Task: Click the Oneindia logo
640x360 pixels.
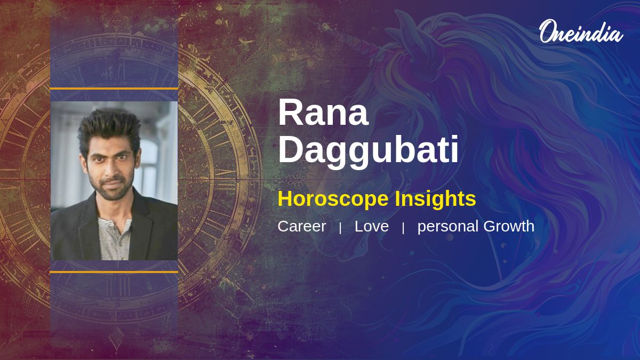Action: (x=581, y=31)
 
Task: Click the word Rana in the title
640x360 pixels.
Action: (x=323, y=113)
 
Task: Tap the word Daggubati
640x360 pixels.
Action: (x=369, y=151)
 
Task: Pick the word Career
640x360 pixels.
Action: (x=302, y=226)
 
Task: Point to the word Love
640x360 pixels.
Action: (x=372, y=226)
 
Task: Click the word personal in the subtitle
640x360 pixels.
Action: (x=448, y=227)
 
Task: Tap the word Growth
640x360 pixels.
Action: (x=509, y=226)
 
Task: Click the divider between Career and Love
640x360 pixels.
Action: (x=340, y=228)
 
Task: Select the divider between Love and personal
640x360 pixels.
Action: (x=403, y=228)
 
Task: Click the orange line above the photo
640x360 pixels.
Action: (x=114, y=89)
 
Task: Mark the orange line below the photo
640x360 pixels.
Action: (x=114, y=272)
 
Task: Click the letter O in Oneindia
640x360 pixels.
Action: (x=548, y=31)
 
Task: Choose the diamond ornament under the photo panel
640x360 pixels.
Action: (x=117, y=338)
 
